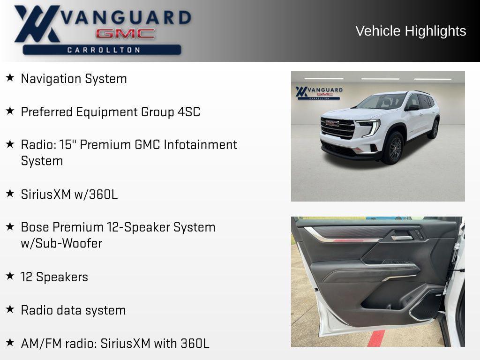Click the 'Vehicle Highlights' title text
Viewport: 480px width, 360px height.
tap(411, 31)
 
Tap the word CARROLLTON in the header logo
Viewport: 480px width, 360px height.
tap(104, 50)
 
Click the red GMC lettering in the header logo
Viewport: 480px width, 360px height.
tap(125, 33)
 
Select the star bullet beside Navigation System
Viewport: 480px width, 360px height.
tap(10, 78)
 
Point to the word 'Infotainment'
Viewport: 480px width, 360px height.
tap(200, 144)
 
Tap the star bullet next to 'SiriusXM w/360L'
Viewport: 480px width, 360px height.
tap(10, 193)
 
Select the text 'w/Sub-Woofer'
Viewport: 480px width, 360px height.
tap(61, 243)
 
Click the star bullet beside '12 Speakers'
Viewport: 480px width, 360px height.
tap(10, 276)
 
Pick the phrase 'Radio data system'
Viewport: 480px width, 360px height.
tap(73, 310)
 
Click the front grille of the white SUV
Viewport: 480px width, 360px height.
tap(337, 128)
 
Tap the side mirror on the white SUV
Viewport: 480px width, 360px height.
tap(413, 108)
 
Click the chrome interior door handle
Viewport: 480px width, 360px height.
tap(402, 237)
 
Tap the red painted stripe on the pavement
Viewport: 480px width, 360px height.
tap(376, 338)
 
